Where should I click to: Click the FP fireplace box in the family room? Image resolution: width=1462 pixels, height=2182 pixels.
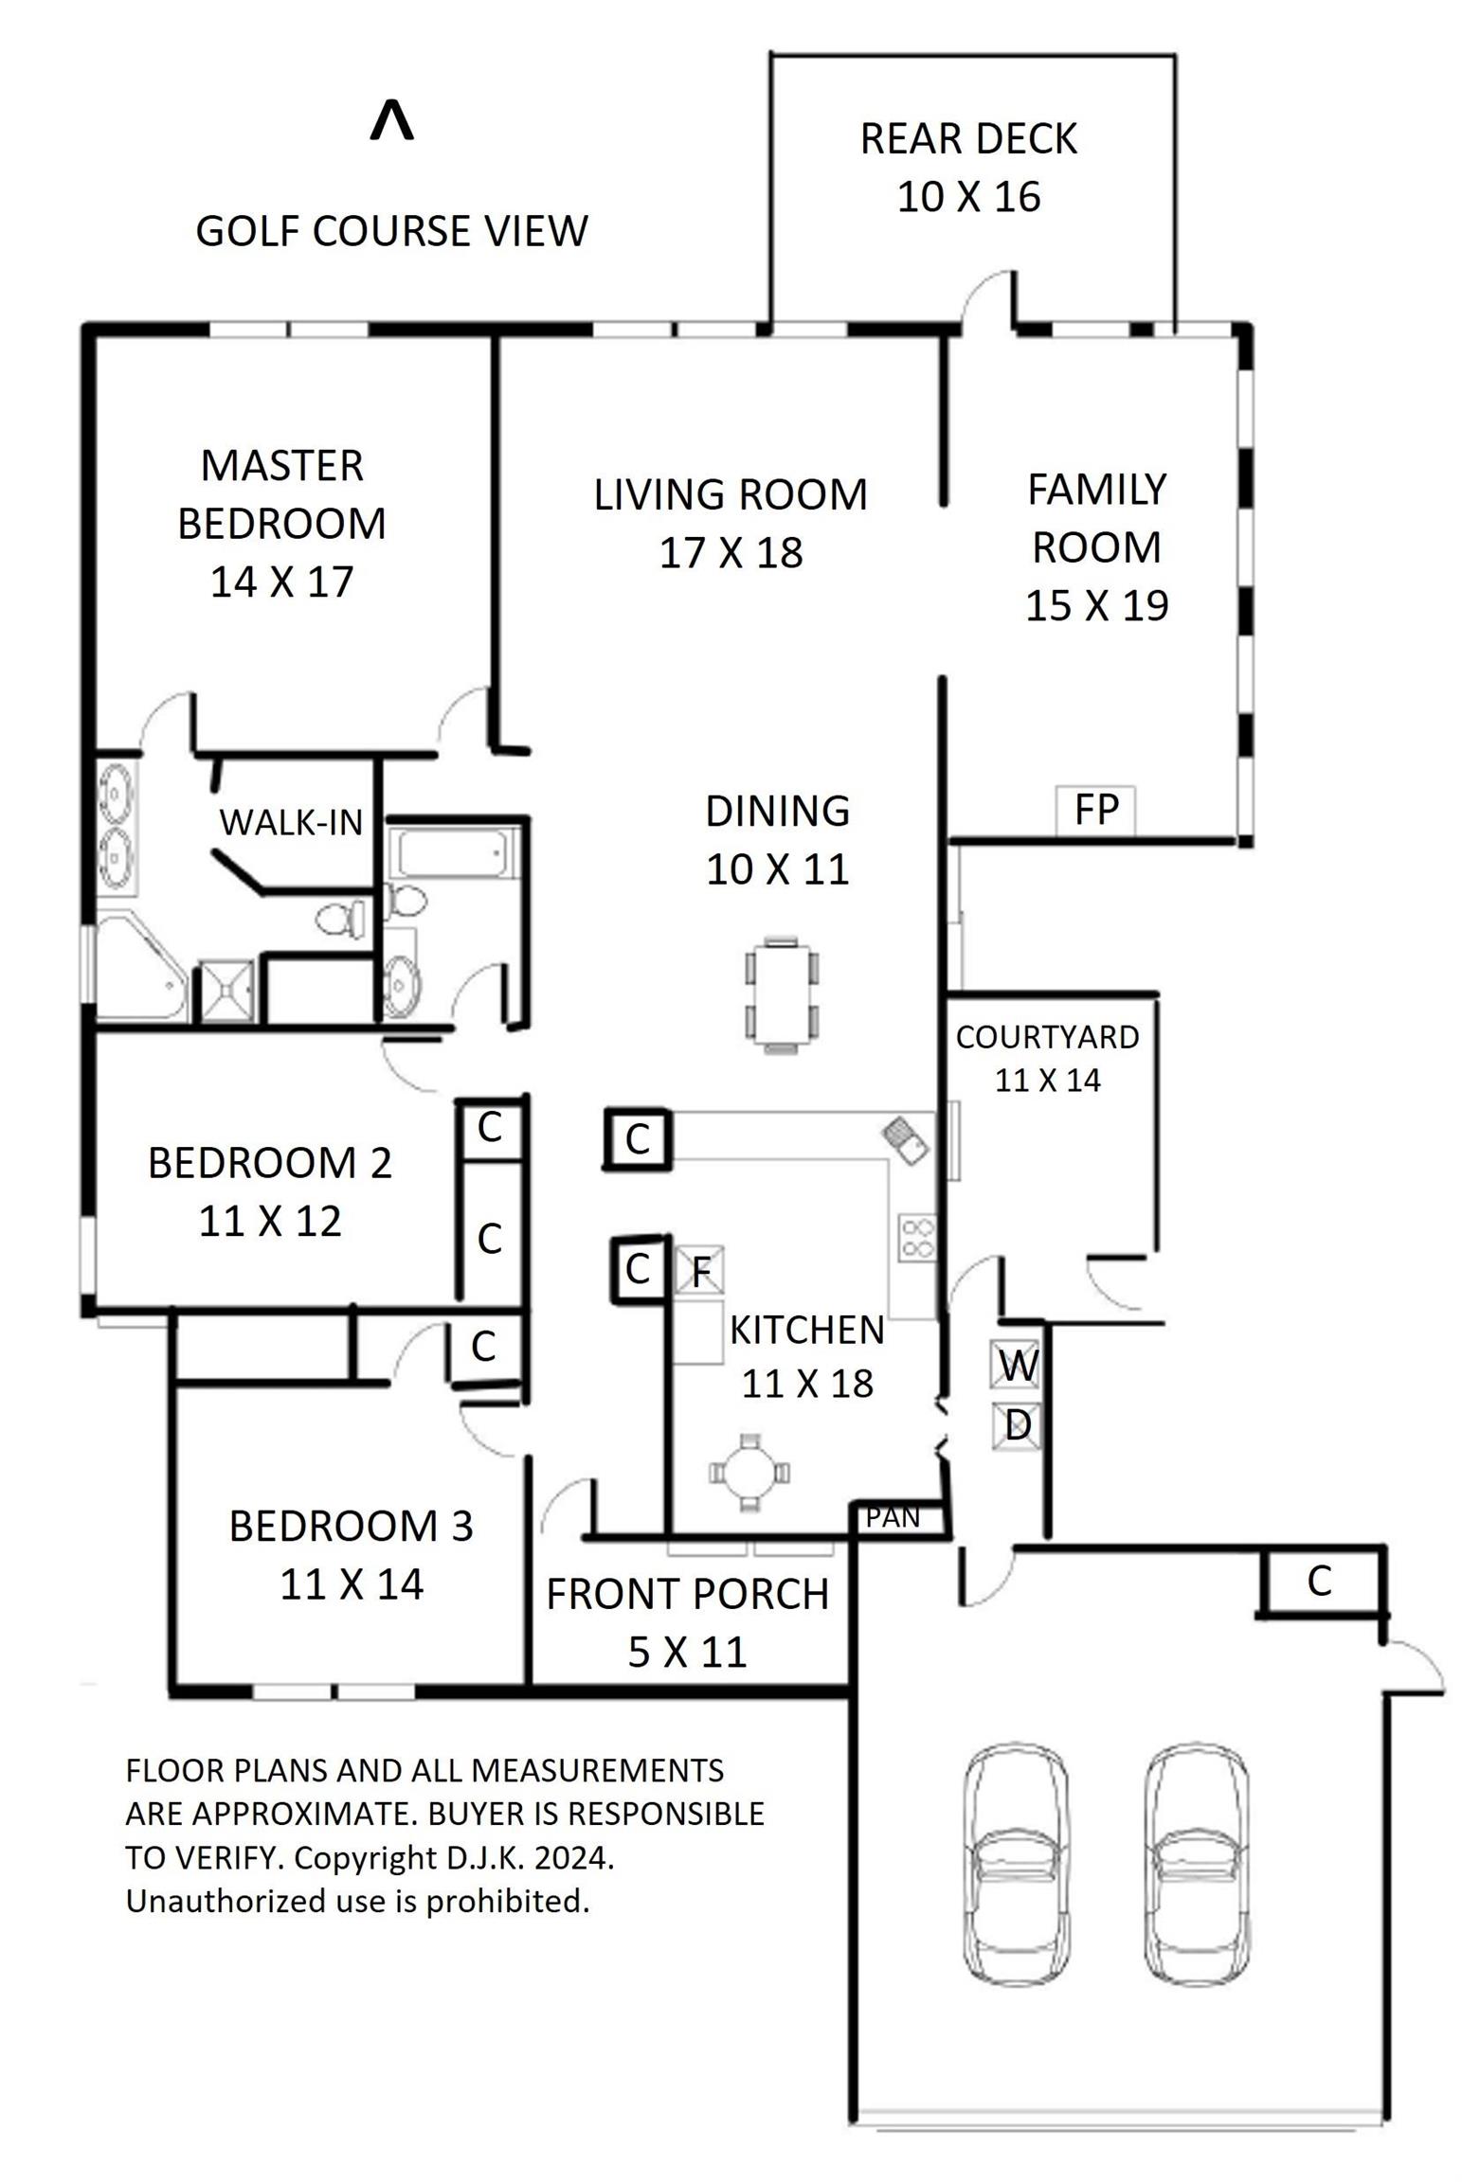(1094, 810)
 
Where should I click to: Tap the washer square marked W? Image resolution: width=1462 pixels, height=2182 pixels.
(1017, 1364)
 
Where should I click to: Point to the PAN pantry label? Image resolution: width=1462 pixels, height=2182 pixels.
(893, 1517)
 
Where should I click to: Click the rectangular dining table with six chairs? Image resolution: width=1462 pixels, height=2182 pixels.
(782, 993)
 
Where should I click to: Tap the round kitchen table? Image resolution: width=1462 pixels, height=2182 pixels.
(749, 1473)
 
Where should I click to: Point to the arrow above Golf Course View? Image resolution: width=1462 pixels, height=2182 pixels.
(391, 120)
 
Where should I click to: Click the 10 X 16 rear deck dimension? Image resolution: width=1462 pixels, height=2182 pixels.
(968, 197)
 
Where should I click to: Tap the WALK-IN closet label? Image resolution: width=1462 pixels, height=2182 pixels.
(291, 822)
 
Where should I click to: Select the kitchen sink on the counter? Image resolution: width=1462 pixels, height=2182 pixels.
(906, 1140)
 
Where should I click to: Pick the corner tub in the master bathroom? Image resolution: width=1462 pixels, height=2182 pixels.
(140, 966)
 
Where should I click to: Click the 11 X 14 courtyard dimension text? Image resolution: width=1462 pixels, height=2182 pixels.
(1047, 1080)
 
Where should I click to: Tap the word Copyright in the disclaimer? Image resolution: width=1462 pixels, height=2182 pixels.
(366, 1857)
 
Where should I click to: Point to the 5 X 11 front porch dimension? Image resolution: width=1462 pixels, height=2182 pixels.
(687, 1653)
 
